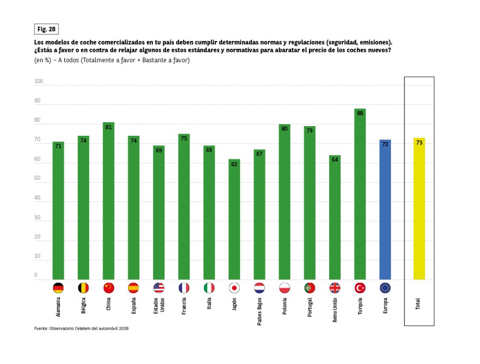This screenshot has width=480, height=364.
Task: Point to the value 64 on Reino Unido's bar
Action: (x=335, y=159)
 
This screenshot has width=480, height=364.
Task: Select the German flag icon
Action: (x=58, y=288)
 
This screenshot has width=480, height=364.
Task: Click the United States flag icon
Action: (x=159, y=288)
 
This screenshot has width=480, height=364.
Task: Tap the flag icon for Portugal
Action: (x=310, y=288)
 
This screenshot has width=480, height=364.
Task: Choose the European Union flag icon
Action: (x=385, y=288)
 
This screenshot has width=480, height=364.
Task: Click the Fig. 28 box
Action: (x=46, y=29)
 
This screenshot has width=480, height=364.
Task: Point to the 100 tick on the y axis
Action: (x=38, y=82)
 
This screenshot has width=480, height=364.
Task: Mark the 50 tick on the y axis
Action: (x=37, y=179)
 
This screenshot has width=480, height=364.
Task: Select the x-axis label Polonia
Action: (x=285, y=307)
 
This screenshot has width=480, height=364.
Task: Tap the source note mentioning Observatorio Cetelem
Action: (x=82, y=328)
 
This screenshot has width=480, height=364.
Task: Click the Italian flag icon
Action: (x=209, y=288)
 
